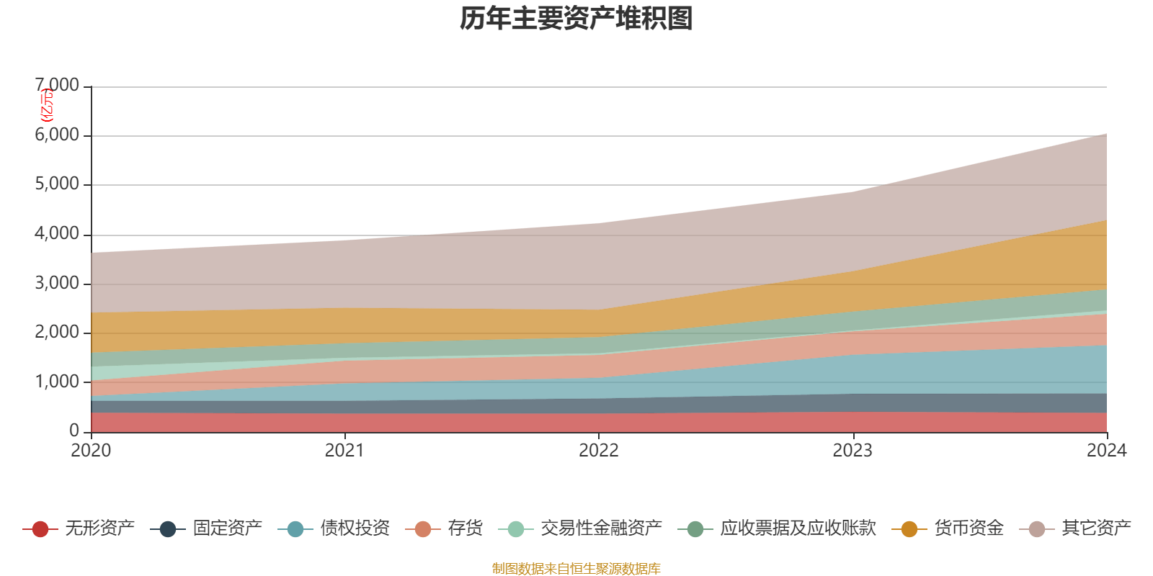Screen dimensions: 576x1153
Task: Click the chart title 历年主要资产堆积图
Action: pyautogui.click(x=576, y=19)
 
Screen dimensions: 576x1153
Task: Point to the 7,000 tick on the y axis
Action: pyautogui.click(x=58, y=86)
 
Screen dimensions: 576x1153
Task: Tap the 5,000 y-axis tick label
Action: pyautogui.click(x=58, y=184)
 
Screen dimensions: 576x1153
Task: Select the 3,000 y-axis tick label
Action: pyautogui.click(x=58, y=284)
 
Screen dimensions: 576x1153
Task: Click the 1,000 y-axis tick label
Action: pyautogui.click(x=58, y=382)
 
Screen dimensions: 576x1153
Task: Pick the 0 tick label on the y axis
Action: pyautogui.click(x=74, y=431)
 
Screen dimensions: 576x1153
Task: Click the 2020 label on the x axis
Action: pyautogui.click(x=91, y=451)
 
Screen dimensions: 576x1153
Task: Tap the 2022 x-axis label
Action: pyautogui.click(x=599, y=451)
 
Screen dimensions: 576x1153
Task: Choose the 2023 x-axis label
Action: pyautogui.click(x=852, y=451)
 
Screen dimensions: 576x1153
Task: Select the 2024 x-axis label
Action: pyautogui.click(x=1106, y=451)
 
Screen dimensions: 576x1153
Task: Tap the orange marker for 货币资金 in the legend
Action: pyautogui.click(x=909, y=529)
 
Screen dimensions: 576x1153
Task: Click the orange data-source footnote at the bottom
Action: pyautogui.click(x=576, y=569)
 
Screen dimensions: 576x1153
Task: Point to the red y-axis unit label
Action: pyautogui.click(x=46, y=105)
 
